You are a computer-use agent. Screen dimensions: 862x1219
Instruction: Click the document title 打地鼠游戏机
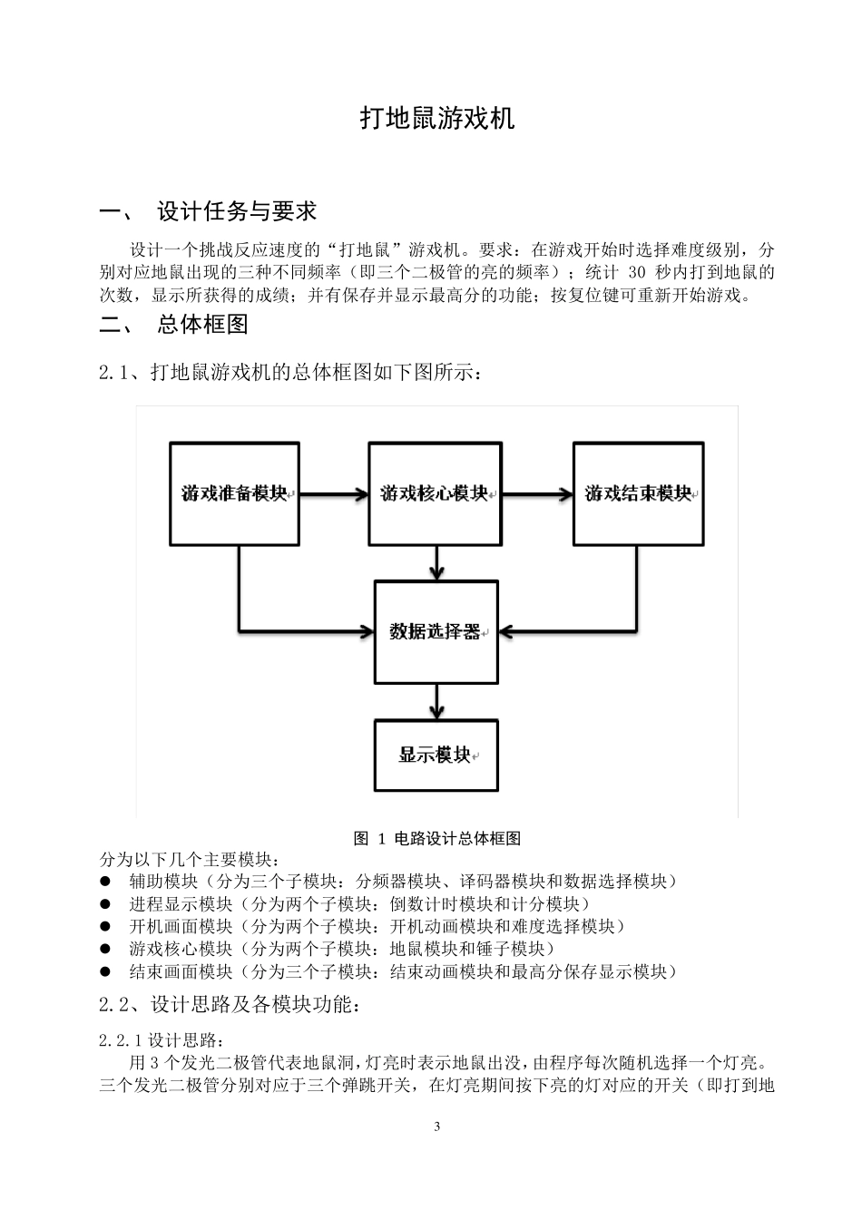click(x=437, y=119)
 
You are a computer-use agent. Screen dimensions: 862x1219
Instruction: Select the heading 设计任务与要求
click(x=237, y=211)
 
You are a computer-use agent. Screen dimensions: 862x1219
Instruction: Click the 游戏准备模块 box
click(x=235, y=493)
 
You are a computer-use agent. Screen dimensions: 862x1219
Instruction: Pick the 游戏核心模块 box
click(x=435, y=493)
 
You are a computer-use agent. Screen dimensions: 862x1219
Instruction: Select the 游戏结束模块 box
click(x=638, y=493)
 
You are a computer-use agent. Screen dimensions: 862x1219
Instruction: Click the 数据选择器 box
click(x=436, y=632)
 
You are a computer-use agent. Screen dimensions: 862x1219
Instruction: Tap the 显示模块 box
click(x=436, y=756)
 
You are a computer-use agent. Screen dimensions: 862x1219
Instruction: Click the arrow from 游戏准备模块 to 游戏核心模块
click(x=333, y=494)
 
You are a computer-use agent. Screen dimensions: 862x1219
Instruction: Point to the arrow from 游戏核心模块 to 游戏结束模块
click(x=536, y=494)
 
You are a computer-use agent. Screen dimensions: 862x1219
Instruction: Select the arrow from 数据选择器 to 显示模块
click(x=437, y=701)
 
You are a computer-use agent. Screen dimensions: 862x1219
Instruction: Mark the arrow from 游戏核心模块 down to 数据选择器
click(x=437, y=563)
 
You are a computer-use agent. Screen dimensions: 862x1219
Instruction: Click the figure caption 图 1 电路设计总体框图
click(x=437, y=839)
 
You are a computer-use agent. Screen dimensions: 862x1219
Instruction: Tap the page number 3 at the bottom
click(x=437, y=1126)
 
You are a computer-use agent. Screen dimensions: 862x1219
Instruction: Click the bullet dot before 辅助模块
click(x=105, y=881)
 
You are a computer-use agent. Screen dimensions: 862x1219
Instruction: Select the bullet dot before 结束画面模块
click(x=105, y=971)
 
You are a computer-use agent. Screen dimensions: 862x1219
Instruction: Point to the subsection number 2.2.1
click(x=122, y=1039)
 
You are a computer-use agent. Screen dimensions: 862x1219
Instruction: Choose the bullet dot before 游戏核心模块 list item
click(x=105, y=949)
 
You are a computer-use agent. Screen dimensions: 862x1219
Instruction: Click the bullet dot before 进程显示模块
click(x=105, y=903)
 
